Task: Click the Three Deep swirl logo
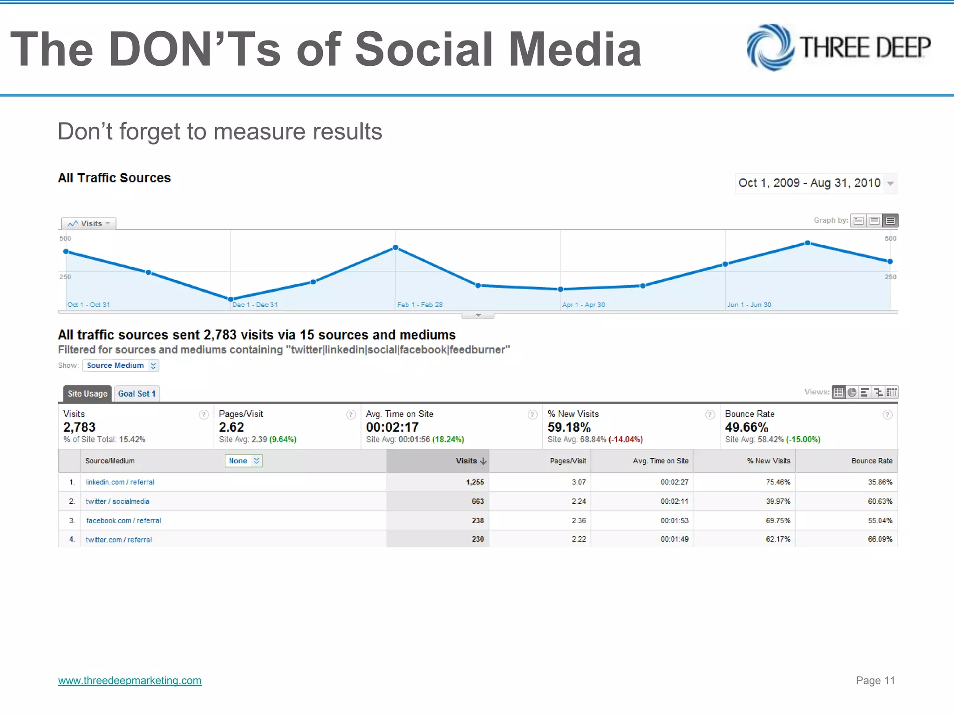pos(770,48)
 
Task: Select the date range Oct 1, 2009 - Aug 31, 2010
pos(810,183)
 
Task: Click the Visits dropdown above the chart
pos(89,224)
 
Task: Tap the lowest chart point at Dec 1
pos(231,299)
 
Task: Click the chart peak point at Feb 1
pos(395,248)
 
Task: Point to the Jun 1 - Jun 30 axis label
pos(749,305)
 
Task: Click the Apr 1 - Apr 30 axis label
pos(583,305)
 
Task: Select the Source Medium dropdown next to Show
pos(121,365)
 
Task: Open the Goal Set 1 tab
pos(136,394)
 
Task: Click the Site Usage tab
pos(88,394)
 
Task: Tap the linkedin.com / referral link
pos(120,482)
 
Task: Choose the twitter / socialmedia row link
pos(117,502)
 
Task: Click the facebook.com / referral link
pos(123,521)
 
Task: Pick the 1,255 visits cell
pos(475,482)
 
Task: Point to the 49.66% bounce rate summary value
pos(746,427)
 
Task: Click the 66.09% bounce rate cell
pos(880,539)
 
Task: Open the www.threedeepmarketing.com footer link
pos(129,681)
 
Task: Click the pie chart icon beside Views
pos(852,392)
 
